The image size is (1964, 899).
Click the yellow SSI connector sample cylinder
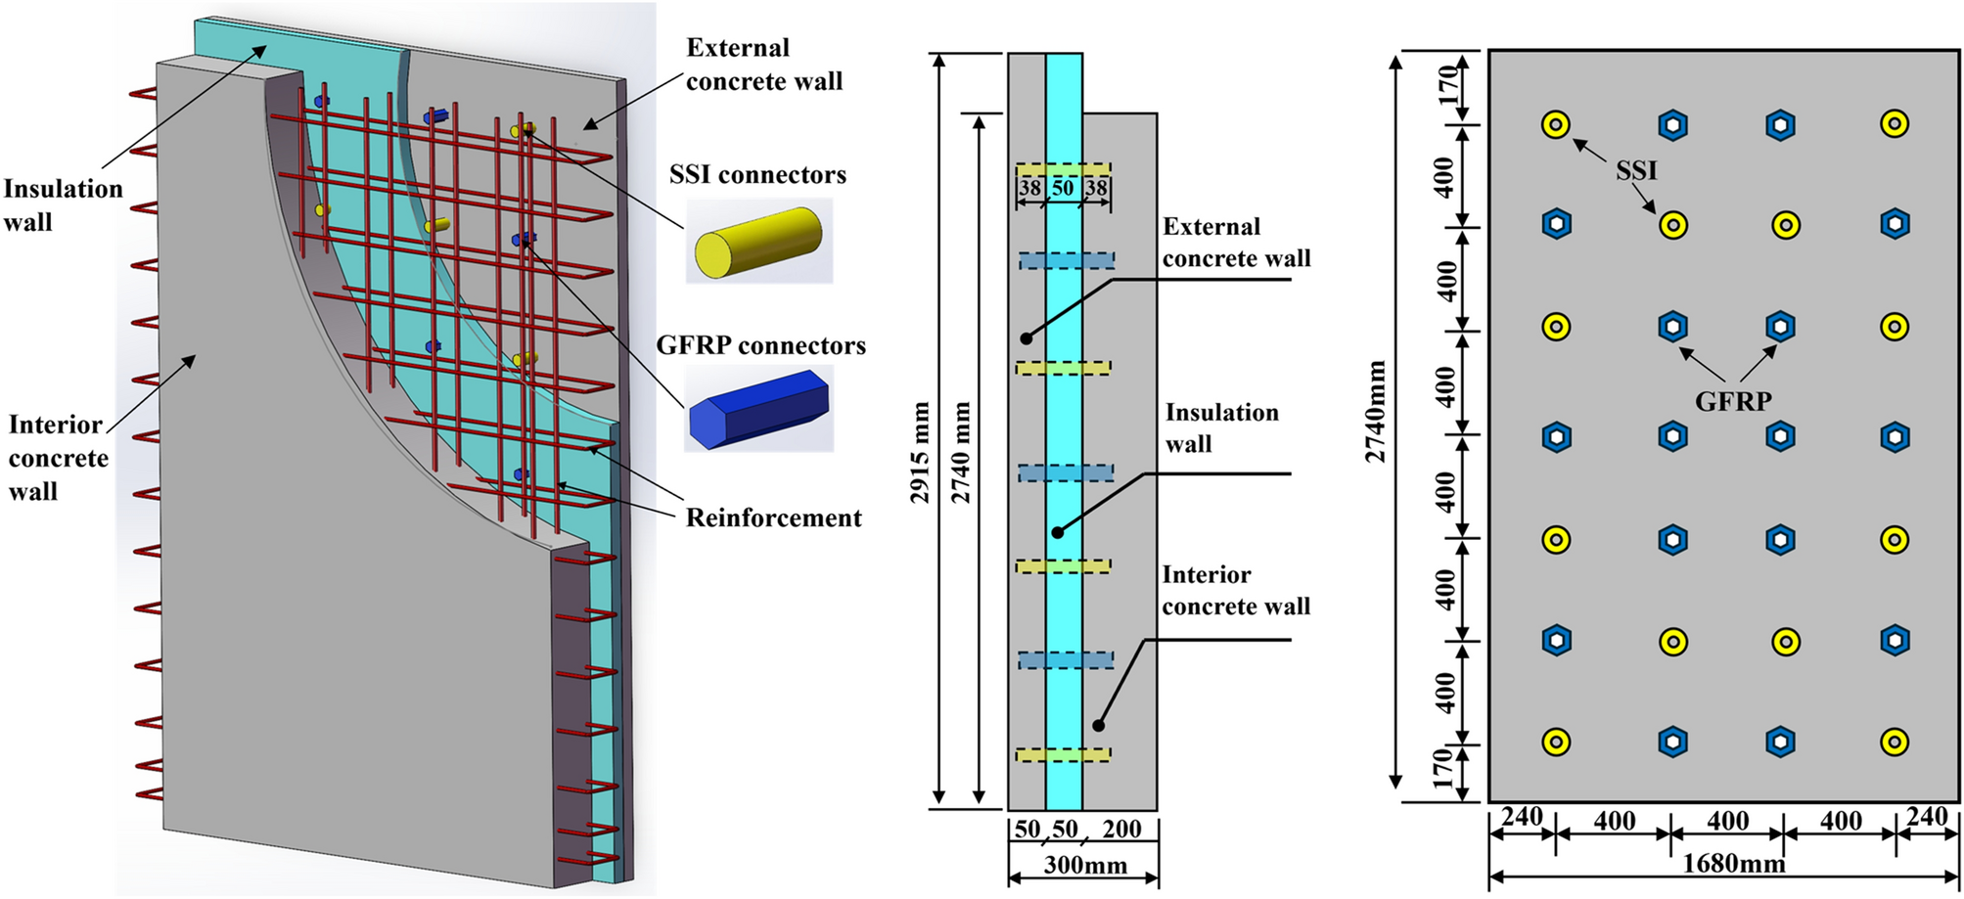click(x=759, y=241)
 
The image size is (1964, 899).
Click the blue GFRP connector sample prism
click(x=759, y=408)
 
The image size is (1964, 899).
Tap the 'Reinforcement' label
click(x=773, y=517)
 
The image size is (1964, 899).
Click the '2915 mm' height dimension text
click(x=920, y=452)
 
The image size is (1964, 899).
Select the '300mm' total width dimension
click(x=1084, y=865)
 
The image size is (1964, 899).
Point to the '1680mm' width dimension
click(x=1732, y=864)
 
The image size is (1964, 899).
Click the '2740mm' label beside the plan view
click(x=1376, y=411)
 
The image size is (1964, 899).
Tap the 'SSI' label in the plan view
click(x=1636, y=171)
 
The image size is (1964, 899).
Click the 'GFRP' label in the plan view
click(x=1733, y=401)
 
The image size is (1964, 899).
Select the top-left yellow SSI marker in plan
click(x=1556, y=125)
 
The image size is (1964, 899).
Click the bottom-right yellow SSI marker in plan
click(x=1895, y=742)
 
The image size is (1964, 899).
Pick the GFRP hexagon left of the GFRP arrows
click(x=1672, y=326)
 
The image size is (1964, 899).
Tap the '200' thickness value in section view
click(x=1121, y=830)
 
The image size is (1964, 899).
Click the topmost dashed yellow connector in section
click(x=1063, y=169)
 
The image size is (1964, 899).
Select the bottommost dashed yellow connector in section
click(x=1063, y=755)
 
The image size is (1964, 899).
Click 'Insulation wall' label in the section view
click(x=1220, y=427)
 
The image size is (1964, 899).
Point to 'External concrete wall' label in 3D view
click(x=763, y=65)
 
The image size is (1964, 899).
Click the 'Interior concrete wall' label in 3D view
click(x=58, y=458)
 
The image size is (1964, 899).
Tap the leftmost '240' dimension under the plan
click(x=1521, y=817)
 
